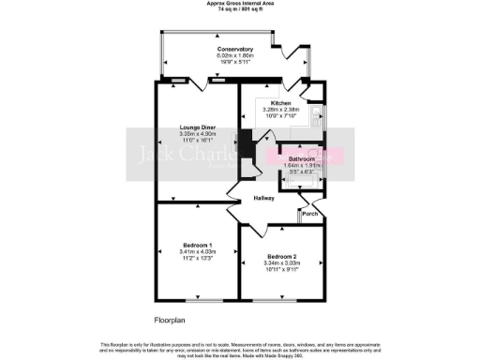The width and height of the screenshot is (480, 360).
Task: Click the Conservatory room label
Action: pyautogui.click(x=235, y=49)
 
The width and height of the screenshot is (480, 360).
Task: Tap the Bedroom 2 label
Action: pyautogui.click(x=282, y=256)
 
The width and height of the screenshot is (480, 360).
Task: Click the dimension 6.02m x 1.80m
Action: pyautogui.click(x=235, y=55)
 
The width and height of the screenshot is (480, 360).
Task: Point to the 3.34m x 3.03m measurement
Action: pyautogui.click(x=282, y=262)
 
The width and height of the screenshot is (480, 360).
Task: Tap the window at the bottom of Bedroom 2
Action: pyautogui.click(x=281, y=300)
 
